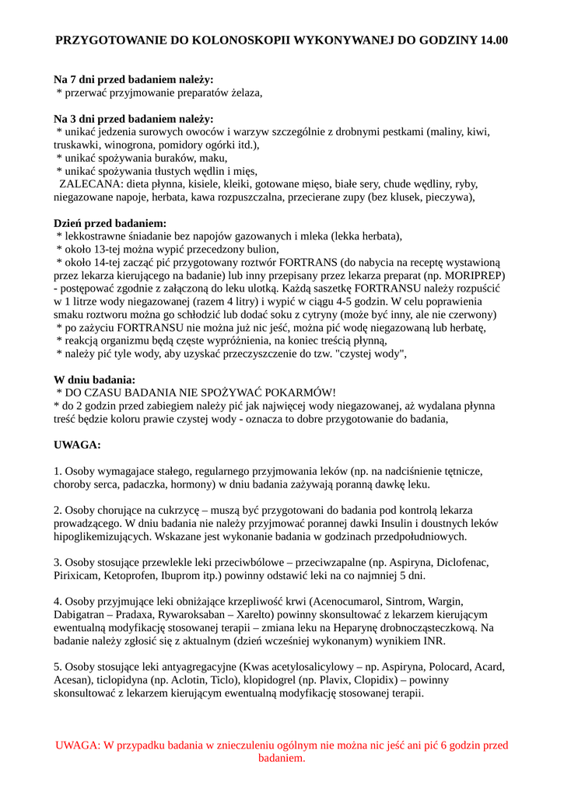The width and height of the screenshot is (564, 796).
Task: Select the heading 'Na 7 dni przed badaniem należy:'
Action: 133,79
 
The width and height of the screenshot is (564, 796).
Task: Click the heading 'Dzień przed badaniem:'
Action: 110,223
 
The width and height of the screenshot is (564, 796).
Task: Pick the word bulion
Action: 261,250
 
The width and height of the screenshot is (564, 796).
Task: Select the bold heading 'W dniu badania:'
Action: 95,380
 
